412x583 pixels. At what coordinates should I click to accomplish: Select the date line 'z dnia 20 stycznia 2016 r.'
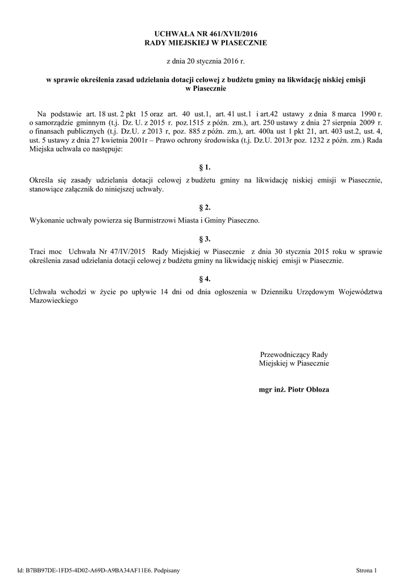click(x=205, y=60)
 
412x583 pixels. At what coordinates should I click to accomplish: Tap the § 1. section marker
click(x=205, y=167)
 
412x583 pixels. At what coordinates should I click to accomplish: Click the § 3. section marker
click(x=205, y=239)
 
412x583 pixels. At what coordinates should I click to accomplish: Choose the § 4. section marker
click(x=205, y=279)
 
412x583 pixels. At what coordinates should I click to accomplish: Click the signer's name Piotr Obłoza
click(x=309, y=390)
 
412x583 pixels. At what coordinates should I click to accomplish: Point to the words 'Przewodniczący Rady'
click(x=294, y=354)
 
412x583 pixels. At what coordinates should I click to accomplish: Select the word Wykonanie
click(x=45, y=219)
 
